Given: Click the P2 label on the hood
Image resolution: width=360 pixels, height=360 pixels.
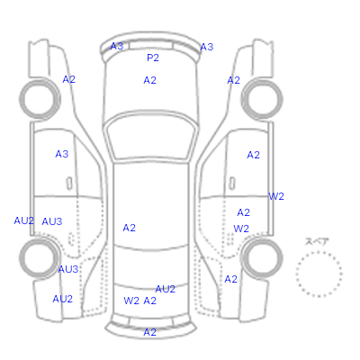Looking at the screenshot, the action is [x=153, y=58].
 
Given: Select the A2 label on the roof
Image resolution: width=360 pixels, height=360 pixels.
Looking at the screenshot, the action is [x=129, y=228].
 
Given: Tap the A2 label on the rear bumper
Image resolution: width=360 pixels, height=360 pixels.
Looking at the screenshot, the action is [x=149, y=332].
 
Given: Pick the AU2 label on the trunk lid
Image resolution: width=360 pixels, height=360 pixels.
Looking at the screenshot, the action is [x=165, y=289].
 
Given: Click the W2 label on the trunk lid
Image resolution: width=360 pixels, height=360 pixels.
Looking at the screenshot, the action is [x=131, y=301].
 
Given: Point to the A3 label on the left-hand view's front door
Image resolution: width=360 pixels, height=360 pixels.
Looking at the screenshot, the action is [x=62, y=154].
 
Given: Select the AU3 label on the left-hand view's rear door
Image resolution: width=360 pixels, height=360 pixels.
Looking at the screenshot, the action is [x=52, y=221].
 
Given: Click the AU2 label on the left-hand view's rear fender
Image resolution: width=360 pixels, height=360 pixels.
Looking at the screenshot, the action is [x=63, y=299].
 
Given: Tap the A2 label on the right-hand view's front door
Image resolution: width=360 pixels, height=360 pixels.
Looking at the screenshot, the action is [x=253, y=155].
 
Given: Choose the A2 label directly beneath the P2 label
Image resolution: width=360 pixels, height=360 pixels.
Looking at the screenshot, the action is [x=149, y=80].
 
